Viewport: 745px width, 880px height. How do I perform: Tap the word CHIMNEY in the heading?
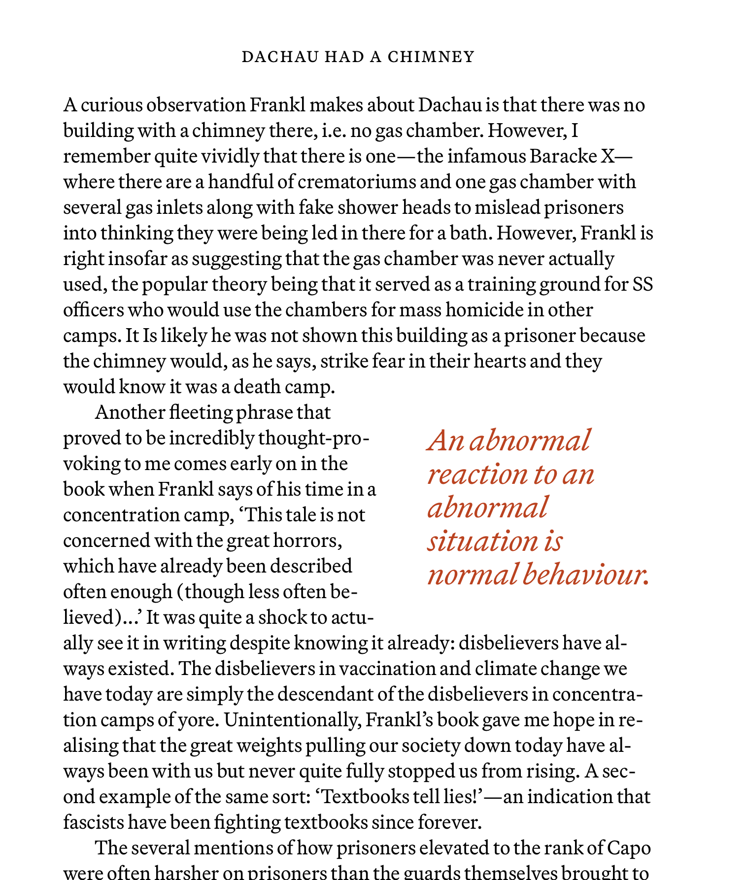(431, 57)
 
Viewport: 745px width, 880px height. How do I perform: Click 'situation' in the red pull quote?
(482, 542)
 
